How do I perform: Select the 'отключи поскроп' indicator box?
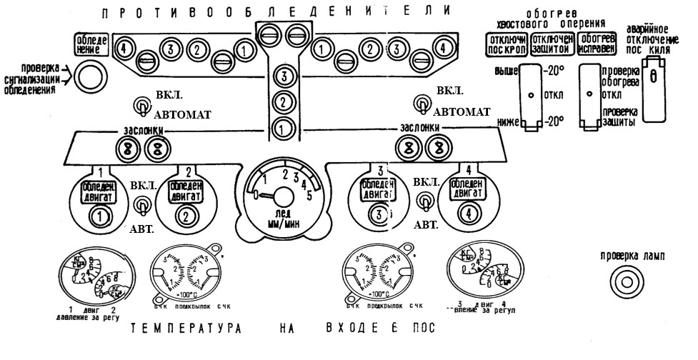[x=506, y=43]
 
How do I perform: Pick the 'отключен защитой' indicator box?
[x=550, y=43]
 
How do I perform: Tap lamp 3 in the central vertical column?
[x=284, y=76]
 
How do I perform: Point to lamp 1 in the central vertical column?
[x=284, y=130]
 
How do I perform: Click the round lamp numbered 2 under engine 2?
[x=188, y=216]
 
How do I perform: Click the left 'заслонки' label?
[x=144, y=130]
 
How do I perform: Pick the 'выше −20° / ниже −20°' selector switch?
[x=530, y=96]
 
